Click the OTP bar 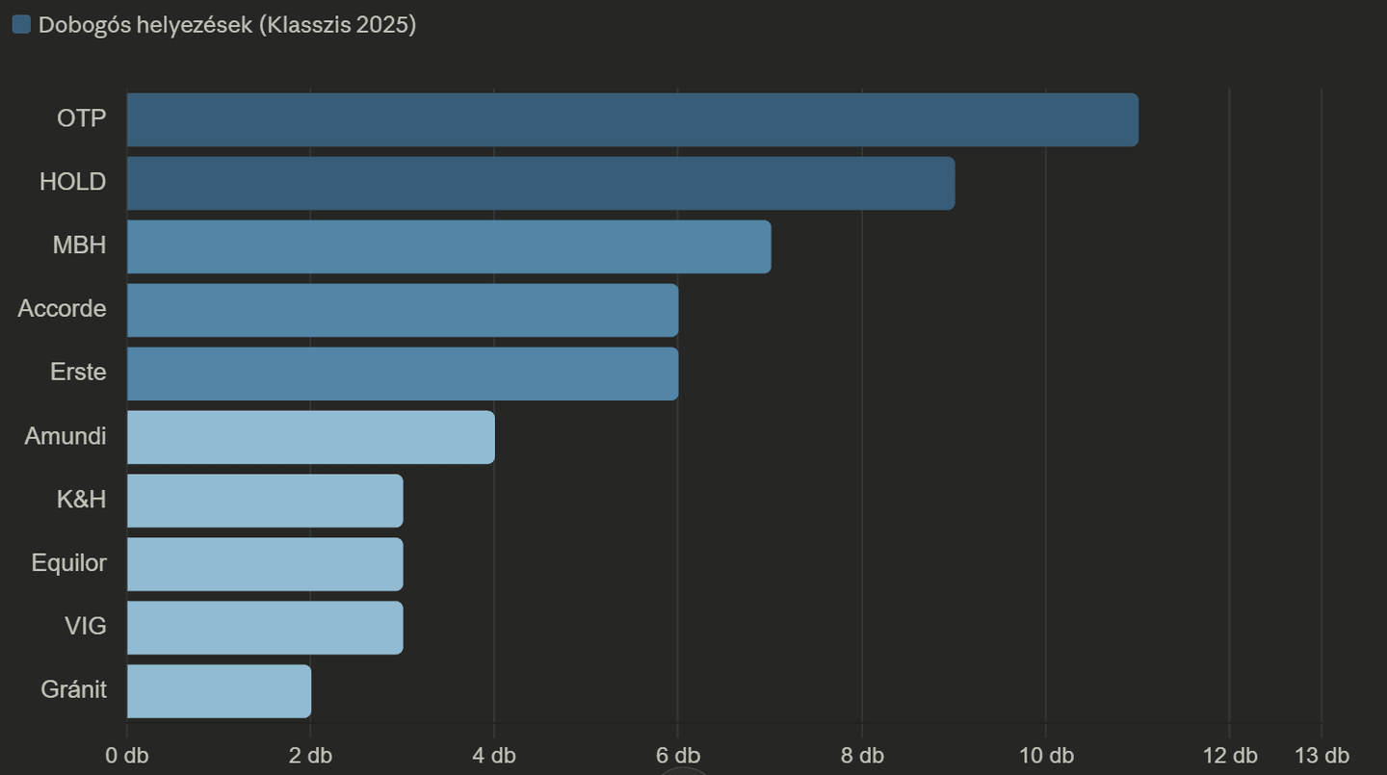click(x=632, y=120)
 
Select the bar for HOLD click(x=540, y=183)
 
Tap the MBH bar click(x=449, y=246)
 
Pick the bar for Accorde click(x=403, y=310)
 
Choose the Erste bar click(x=403, y=374)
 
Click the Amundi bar click(x=310, y=437)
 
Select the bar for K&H click(x=265, y=501)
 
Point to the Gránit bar click(x=219, y=691)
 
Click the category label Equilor click(x=68, y=563)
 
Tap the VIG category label click(x=85, y=627)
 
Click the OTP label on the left click(x=81, y=118)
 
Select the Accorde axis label click(x=62, y=309)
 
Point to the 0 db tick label click(x=126, y=755)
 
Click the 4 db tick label click(x=494, y=755)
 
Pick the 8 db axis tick click(x=861, y=755)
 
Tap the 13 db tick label click(x=1322, y=755)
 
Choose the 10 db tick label click(x=1046, y=755)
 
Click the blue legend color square click(x=21, y=25)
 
